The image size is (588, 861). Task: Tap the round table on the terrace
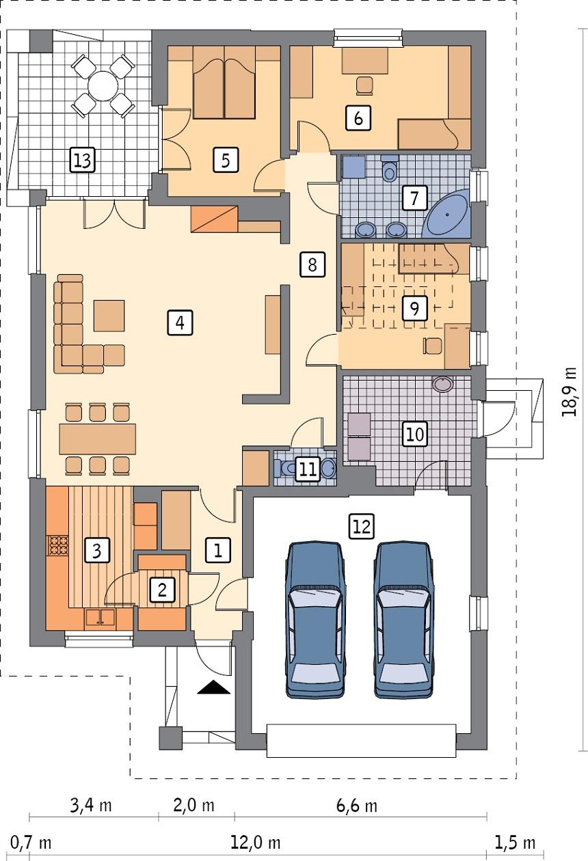pyautogui.click(x=103, y=86)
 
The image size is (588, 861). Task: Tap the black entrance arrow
pyautogui.click(x=215, y=687)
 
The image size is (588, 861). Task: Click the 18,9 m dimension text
pyautogui.click(x=570, y=392)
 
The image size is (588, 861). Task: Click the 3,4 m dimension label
pyautogui.click(x=90, y=806)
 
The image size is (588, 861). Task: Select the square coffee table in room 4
pyautogui.click(x=109, y=315)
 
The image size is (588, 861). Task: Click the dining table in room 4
pyautogui.click(x=98, y=439)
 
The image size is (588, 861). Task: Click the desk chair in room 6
pyautogui.click(x=364, y=85)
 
